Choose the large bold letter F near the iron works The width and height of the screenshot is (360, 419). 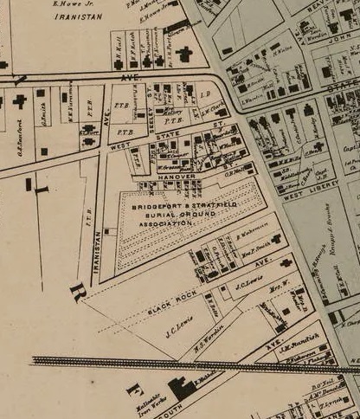[x=134, y=389]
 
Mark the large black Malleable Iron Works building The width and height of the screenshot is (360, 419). [x=183, y=388]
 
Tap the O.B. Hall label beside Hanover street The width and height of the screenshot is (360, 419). [x=238, y=171]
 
